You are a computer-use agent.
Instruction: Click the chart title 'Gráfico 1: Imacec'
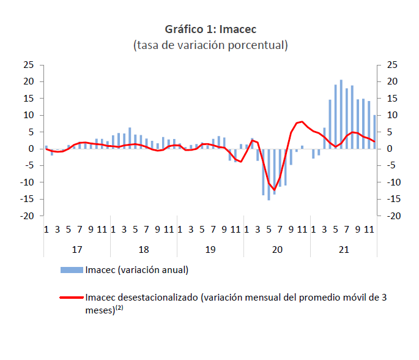click(x=210, y=29)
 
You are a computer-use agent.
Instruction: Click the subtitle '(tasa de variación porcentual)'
click(x=210, y=45)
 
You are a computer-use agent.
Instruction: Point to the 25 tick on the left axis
click(x=28, y=65)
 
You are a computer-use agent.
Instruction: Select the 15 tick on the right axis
click(x=392, y=99)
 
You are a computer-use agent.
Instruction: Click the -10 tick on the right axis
click(x=393, y=182)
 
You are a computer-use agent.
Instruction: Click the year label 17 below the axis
click(x=77, y=250)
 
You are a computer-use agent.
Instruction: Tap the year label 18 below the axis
click(x=144, y=250)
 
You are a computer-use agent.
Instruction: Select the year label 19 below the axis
click(x=210, y=250)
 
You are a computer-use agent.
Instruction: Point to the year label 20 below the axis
click(x=277, y=250)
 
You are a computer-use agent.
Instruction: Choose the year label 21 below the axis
click(x=344, y=250)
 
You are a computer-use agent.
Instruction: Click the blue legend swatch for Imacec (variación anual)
click(x=72, y=270)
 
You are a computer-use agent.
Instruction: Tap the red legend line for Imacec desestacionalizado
click(x=72, y=298)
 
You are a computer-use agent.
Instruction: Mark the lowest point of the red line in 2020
click(x=274, y=190)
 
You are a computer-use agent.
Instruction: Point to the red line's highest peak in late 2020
click(x=302, y=122)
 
